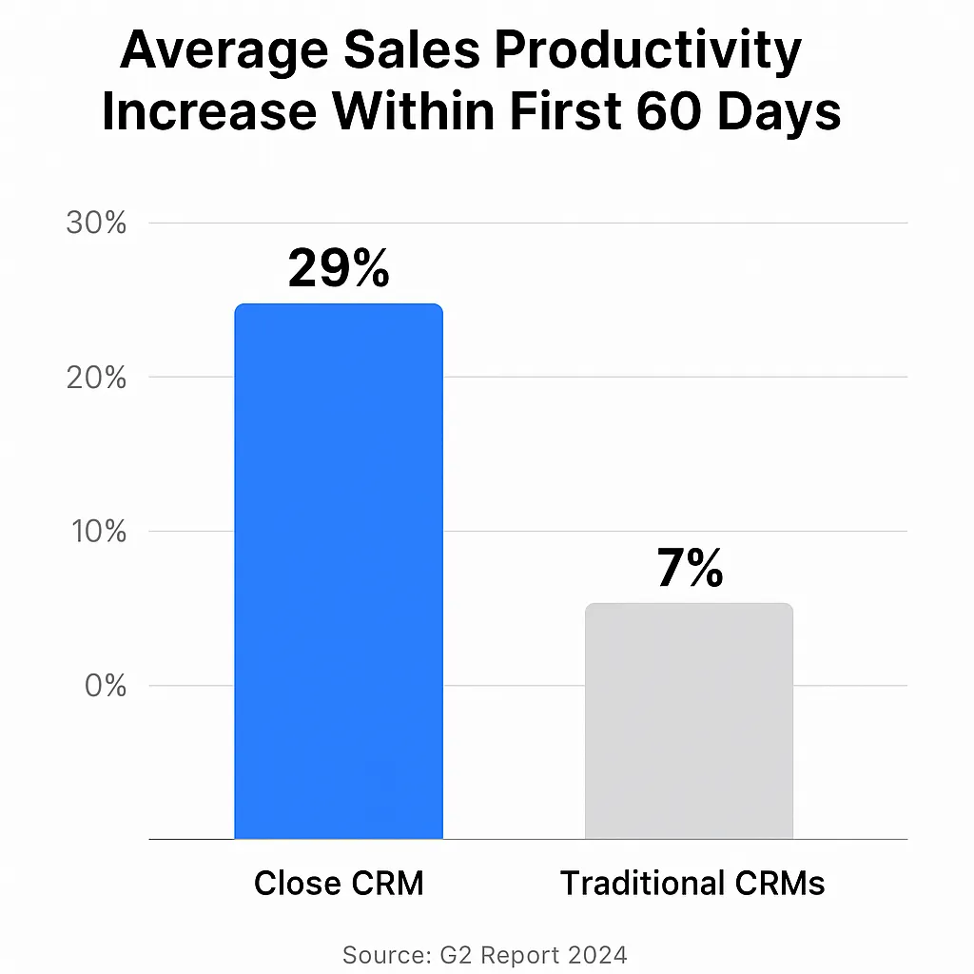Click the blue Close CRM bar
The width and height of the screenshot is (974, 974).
339,571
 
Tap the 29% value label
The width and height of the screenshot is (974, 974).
339,268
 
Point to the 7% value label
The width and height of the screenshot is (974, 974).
690,568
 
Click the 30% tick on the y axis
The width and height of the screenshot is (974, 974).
96,224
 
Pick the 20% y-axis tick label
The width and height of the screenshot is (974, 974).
96,378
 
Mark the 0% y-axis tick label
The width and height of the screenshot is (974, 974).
106,686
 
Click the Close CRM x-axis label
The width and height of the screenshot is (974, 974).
339,884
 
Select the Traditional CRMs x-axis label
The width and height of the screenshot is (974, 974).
692,884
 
